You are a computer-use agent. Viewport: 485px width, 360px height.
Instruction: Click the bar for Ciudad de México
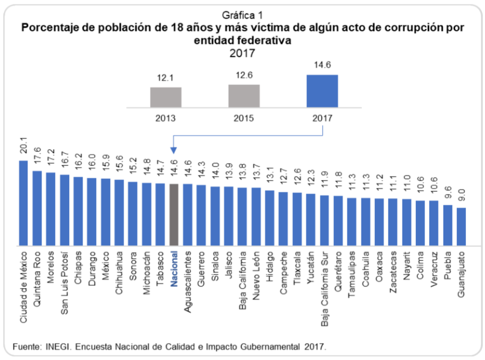(24, 203)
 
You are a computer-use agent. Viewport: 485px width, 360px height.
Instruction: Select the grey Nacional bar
(174, 215)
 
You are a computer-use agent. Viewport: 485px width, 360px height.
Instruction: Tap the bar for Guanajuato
(461, 227)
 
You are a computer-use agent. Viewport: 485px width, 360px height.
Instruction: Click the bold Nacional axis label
(174, 268)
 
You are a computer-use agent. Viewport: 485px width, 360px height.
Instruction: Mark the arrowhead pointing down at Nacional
(174, 151)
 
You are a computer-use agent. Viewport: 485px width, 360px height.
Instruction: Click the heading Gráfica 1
(243, 13)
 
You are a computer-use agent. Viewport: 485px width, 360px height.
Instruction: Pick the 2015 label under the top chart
(244, 119)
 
